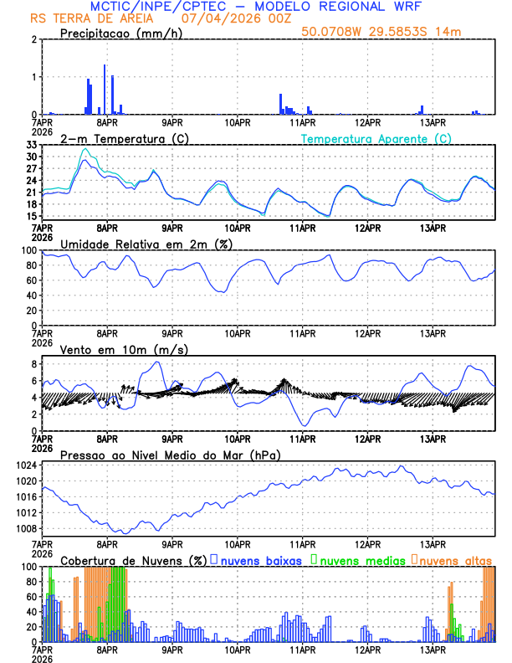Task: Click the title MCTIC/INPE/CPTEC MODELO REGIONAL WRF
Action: tap(256, 7)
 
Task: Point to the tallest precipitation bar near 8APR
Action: tap(105, 89)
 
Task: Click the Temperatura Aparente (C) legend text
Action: tap(376, 138)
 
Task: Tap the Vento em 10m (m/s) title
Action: tap(124, 349)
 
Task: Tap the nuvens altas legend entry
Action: tap(452, 560)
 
